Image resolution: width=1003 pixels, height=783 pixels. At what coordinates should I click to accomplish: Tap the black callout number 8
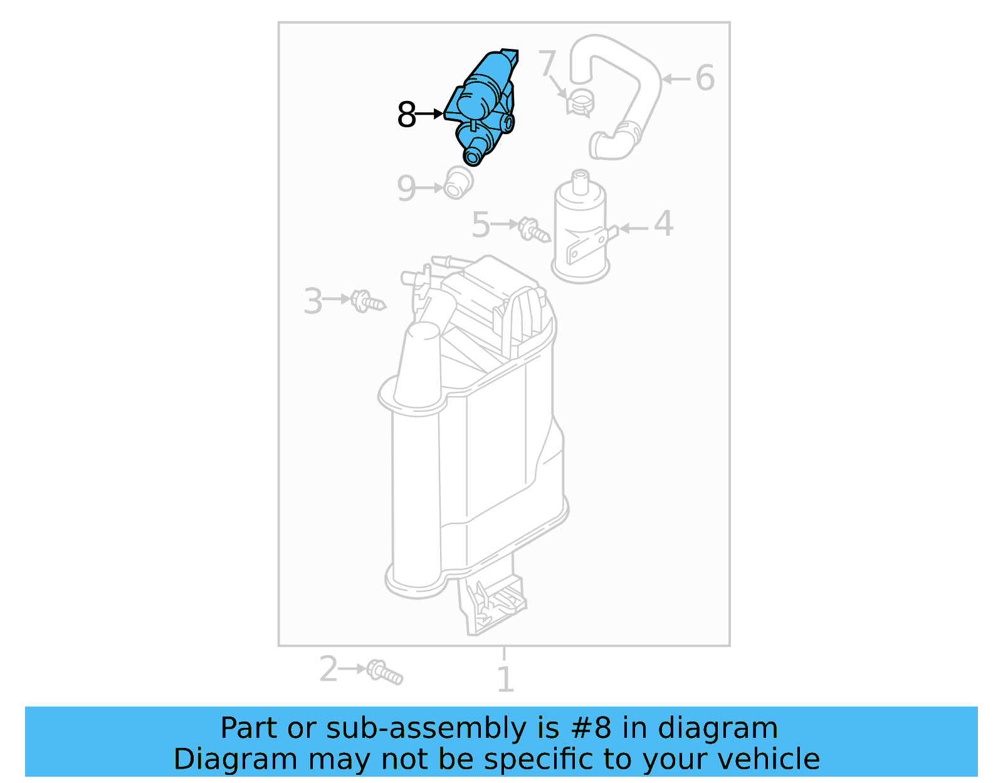[406, 115]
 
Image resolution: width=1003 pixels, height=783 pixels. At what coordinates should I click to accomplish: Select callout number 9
[406, 188]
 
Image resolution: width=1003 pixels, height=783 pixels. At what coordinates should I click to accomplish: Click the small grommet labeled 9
[458, 183]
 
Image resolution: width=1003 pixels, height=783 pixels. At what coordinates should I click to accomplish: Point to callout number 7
[547, 63]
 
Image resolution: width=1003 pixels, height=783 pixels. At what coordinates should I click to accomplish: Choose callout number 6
[705, 78]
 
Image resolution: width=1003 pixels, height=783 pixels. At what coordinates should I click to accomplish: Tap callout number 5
[481, 225]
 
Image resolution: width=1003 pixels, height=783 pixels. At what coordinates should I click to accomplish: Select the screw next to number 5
[533, 229]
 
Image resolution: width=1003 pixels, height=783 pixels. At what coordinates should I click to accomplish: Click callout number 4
[663, 224]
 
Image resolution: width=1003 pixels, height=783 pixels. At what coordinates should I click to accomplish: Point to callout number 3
[313, 301]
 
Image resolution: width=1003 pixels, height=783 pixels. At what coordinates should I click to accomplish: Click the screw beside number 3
[367, 302]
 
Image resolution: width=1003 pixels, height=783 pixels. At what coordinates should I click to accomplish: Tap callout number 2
[328, 669]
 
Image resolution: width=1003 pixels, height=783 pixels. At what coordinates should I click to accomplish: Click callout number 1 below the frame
[505, 680]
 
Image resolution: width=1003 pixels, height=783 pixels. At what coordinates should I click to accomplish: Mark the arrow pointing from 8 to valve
[429, 114]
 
